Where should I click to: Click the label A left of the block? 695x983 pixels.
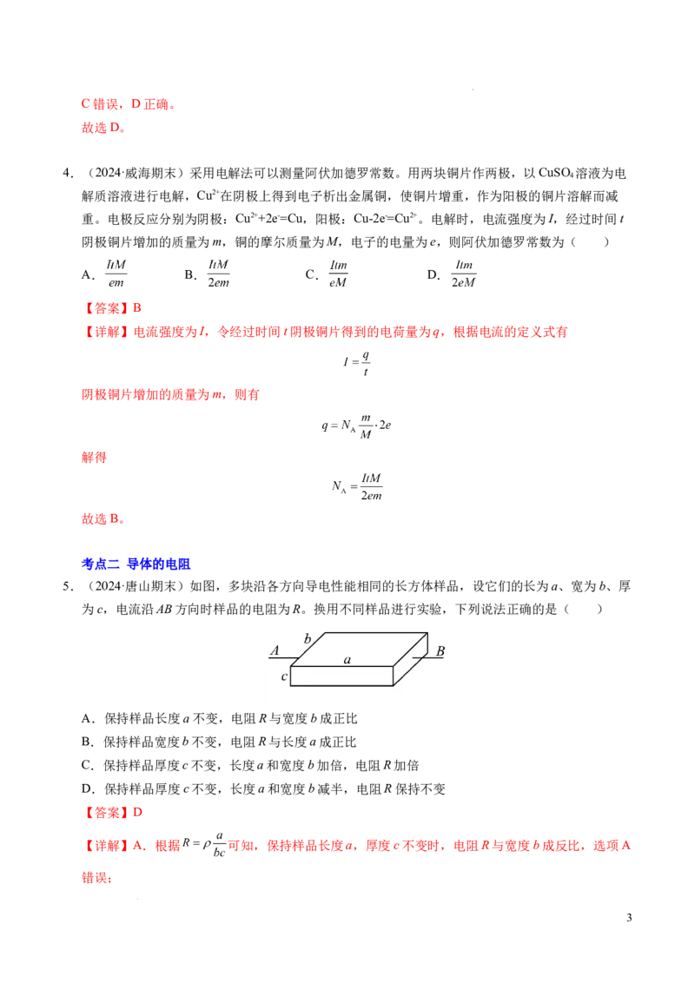(275, 650)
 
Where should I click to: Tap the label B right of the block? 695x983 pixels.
(440, 651)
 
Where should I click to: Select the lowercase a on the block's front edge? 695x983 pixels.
(347, 661)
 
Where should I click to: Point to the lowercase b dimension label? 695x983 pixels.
(307, 639)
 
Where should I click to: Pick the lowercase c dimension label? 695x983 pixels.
(284, 676)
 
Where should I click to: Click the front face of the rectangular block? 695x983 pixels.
(342, 676)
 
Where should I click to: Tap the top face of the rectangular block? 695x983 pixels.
(358, 649)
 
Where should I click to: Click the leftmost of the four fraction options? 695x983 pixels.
(117, 274)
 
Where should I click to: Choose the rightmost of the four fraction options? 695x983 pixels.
(466, 274)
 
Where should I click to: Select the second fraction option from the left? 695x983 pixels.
(219, 274)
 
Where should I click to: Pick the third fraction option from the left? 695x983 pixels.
(337, 274)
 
